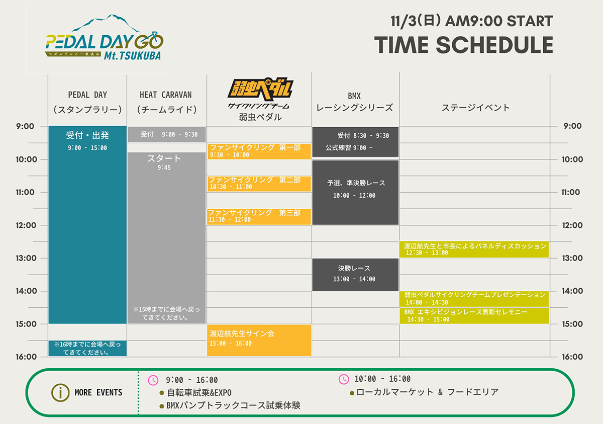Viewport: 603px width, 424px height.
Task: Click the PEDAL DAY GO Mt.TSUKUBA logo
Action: [x=104, y=37]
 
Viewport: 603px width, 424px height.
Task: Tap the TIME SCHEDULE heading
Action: [x=463, y=45]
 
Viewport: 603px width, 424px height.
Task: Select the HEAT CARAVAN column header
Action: [x=167, y=102]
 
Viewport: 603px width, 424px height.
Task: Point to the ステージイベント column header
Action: [x=475, y=108]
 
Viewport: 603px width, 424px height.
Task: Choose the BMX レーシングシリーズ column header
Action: [x=355, y=103]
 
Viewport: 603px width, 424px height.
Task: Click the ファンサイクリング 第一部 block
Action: [x=259, y=151]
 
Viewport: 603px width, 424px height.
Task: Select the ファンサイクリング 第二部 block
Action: [x=259, y=184]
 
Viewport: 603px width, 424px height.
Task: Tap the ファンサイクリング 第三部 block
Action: [x=259, y=217]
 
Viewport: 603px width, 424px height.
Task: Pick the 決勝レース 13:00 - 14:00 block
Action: [x=355, y=275]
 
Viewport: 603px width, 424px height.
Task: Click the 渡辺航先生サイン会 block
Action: [x=259, y=340]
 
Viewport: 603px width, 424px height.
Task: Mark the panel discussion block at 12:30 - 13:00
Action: [x=474, y=249]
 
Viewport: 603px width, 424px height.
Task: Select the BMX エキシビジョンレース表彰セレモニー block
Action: [x=474, y=316]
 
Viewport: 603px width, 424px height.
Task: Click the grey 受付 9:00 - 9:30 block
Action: [x=167, y=134]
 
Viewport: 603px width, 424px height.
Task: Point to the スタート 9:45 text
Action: [x=164, y=162]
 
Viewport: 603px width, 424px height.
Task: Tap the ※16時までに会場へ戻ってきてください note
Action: [x=87, y=349]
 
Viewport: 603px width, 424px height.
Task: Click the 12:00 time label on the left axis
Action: [x=26, y=225]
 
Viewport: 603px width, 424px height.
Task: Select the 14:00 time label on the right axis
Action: [x=572, y=291]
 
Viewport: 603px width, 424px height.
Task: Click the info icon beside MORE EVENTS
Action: [x=60, y=393]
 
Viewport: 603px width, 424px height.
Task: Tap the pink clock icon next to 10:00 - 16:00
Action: [x=344, y=379]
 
